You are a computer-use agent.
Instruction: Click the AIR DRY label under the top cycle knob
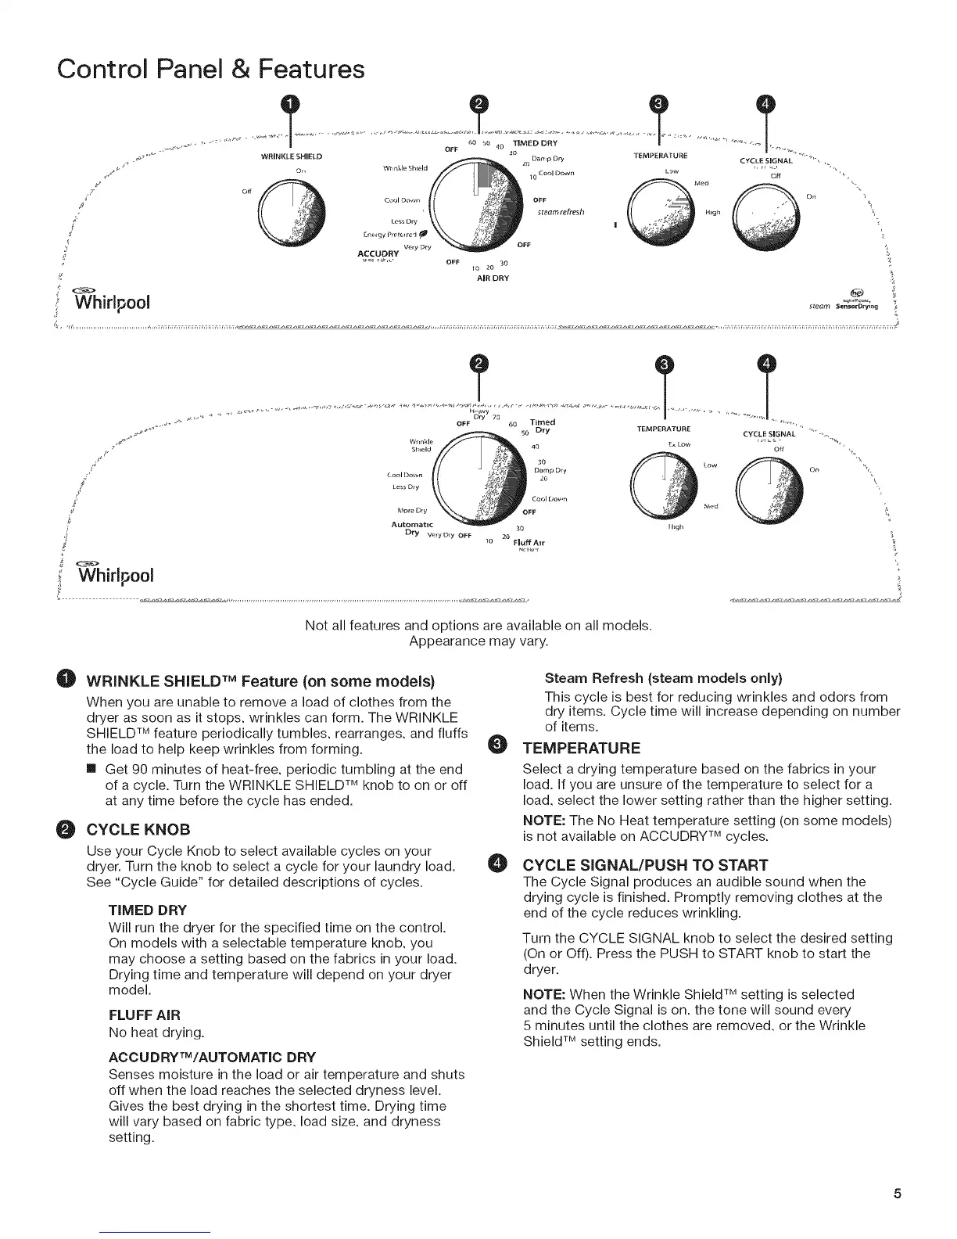pyautogui.click(x=493, y=278)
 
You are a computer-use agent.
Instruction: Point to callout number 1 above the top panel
pyautogui.click(x=290, y=104)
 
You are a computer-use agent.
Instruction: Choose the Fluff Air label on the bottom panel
pyautogui.click(x=529, y=542)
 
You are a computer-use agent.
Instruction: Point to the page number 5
pyautogui.click(x=898, y=1194)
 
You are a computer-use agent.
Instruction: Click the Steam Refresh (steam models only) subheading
pyautogui.click(x=663, y=677)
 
